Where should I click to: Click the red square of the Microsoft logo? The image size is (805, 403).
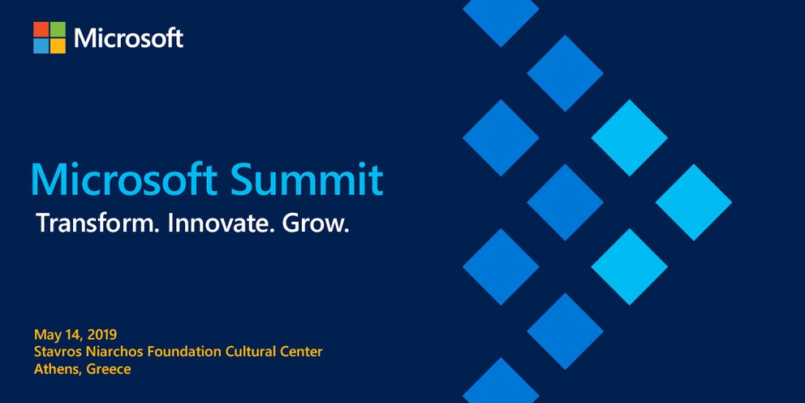41,29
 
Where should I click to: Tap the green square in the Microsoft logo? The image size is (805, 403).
58,29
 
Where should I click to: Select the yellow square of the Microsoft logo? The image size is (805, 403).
58,46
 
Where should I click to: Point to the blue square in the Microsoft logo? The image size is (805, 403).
41,46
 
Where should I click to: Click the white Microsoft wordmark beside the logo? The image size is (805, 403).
129,38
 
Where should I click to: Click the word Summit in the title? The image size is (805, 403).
307,180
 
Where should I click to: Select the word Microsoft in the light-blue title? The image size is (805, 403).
126,180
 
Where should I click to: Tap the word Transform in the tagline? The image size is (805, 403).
97,224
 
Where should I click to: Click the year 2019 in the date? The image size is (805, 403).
102,335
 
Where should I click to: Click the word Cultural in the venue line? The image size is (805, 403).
249,352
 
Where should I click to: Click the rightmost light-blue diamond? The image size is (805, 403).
694,202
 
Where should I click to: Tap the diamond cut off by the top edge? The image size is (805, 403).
501,18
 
